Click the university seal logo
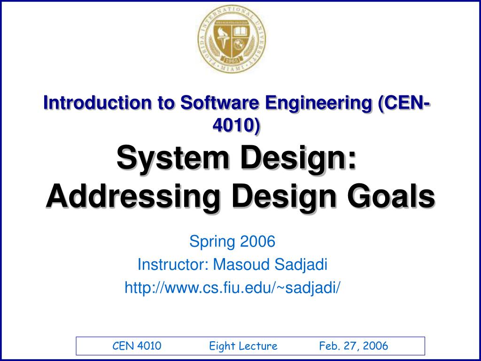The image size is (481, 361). tap(232, 39)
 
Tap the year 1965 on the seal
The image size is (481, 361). tap(232, 60)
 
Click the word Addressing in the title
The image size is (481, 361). tap(133, 197)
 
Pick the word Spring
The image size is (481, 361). tap(212, 242)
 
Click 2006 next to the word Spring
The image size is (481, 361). tap(257, 241)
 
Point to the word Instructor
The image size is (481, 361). tap(173, 264)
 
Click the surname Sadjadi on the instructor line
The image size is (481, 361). tap(301, 265)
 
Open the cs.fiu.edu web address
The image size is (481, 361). tap(232, 289)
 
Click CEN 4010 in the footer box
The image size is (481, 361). tap(137, 346)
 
